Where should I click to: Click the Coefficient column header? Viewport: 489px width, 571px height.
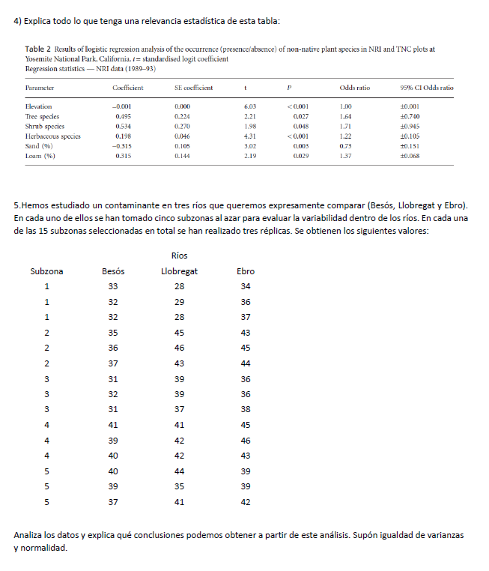click(x=128, y=88)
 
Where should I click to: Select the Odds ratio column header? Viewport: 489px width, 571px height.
click(x=354, y=88)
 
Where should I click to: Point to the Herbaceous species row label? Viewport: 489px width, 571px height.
click(x=53, y=136)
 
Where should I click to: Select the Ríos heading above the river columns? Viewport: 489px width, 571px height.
click(x=179, y=256)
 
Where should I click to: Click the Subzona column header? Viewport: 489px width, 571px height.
click(x=46, y=271)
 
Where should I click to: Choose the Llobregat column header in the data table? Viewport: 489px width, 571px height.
click(x=179, y=271)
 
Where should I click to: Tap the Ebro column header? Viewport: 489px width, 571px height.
click(x=245, y=271)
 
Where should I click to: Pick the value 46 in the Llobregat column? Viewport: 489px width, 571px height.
click(x=179, y=348)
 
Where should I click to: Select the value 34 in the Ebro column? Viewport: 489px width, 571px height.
click(x=245, y=287)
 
